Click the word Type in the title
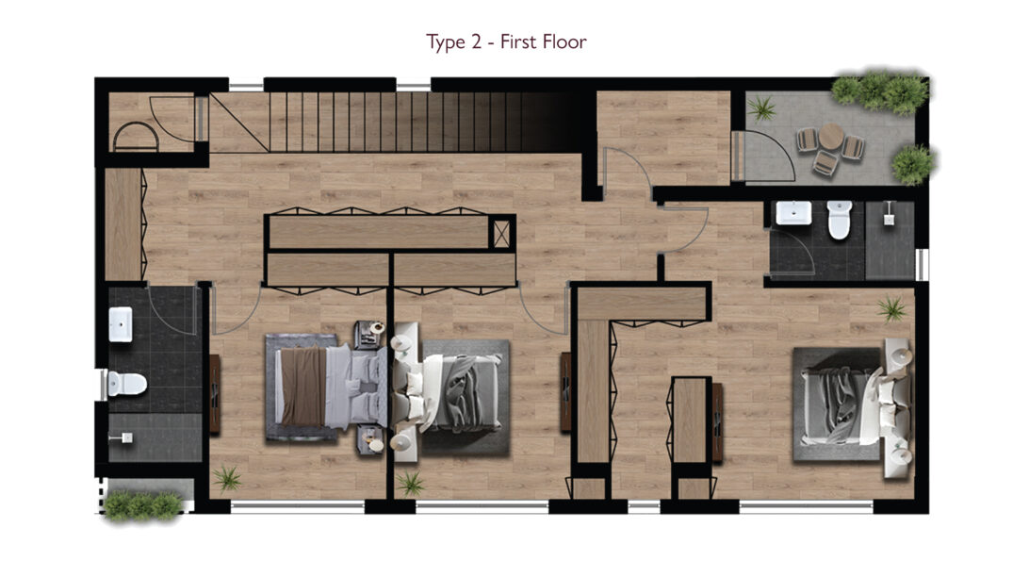446,42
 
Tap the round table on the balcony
831,137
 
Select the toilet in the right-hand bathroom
840,220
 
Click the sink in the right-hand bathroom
793,213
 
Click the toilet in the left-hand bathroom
126,383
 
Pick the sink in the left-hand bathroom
121,324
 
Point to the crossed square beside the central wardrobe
501,233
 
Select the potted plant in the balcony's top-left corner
761,107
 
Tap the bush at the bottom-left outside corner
142,505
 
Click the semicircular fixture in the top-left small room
136,137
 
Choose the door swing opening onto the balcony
767,156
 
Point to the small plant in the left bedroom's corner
227,479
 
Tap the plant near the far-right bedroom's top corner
892,309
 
